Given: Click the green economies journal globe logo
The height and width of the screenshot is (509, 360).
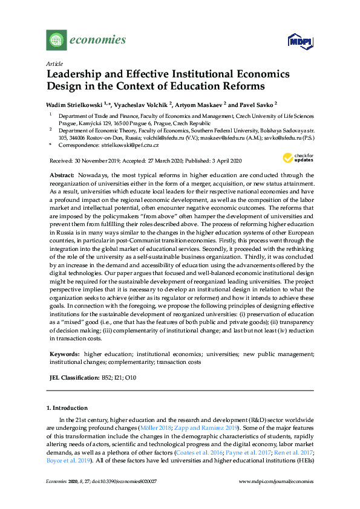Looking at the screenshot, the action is coord(56,41).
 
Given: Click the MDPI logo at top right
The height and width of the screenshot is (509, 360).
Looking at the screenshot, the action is coord(298,41).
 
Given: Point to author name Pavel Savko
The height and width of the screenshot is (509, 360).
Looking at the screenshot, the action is coord(257,104).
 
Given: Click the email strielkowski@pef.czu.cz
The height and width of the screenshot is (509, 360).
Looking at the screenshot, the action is coord(131,146).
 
